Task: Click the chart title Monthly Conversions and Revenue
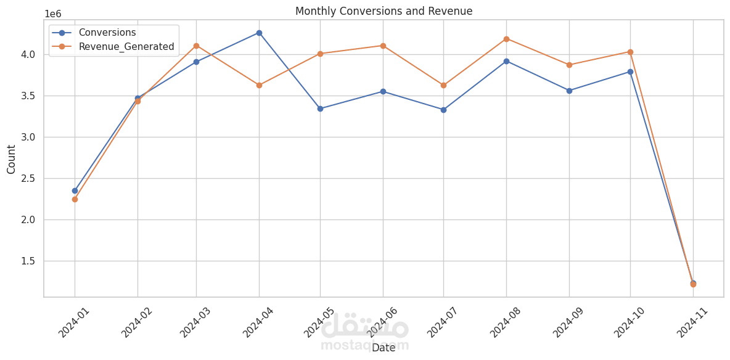[x=383, y=11]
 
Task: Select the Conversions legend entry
[x=107, y=33]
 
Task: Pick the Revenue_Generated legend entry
[x=126, y=46]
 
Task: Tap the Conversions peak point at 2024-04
[x=259, y=33]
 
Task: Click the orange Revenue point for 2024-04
[x=259, y=85]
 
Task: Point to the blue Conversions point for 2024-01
[x=75, y=190]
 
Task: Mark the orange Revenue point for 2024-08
[x=506, y=39]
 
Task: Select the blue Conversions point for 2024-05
[x=320, y=108]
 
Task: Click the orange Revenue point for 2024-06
[x=383, y=46]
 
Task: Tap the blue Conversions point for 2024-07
[x=443, y=110]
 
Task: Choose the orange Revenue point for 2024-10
[x=630, y=52]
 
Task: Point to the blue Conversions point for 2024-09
[x=569, y=91]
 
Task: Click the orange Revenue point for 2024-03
[x=196, y=46]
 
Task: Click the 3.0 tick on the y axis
[x=28, y=137]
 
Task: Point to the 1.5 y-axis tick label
[x=28, y=261]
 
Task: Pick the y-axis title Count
[x=12, y=159]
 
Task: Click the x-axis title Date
[x=383, y=348]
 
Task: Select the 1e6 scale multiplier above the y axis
[x=53, y=14]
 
